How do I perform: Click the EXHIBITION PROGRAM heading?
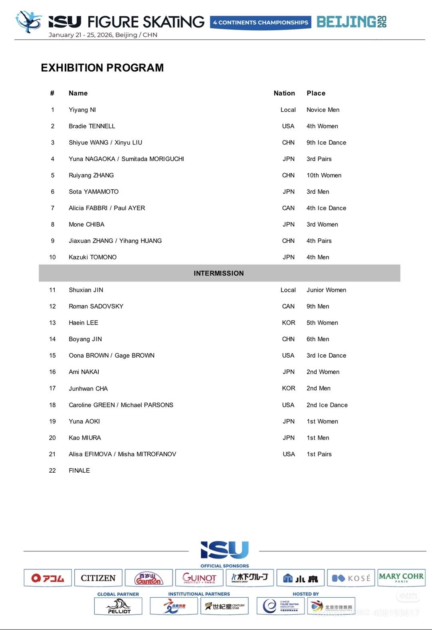coord(102,68)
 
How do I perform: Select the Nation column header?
coord(284,93)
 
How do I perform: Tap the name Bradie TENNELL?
coord(92,126)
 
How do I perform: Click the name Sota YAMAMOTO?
coord(93,192)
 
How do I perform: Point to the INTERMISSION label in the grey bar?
coord(219,273)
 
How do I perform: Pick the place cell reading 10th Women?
coord(324,175)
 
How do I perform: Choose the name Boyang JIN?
coord(85,339)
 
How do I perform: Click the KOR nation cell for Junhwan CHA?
coord(289,388)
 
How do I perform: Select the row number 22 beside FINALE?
coord(52,470)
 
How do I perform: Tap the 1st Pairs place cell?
coord(319,454)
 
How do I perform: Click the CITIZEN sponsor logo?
coord(98,578)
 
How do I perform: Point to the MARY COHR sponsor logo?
coord(401,577)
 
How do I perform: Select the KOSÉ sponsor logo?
coord(351,578)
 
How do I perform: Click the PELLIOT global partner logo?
coord(119,606)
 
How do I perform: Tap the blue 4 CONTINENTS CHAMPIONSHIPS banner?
coord(261,22)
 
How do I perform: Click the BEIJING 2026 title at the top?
coord(351,22)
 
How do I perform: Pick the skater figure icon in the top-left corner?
coord(28,22)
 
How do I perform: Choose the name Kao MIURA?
coord(85,438)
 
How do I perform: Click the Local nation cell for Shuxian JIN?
coord(288,290)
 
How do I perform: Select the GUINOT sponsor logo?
coord(199,578)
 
